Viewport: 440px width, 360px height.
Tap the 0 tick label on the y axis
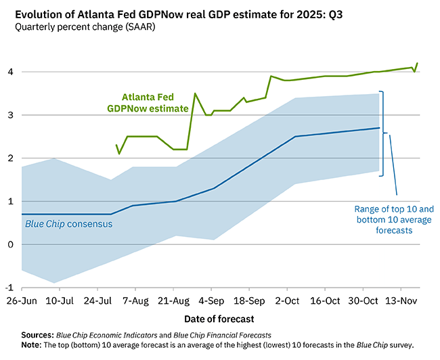pyautogui.click(x=13, y=244)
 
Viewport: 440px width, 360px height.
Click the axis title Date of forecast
pyautogui.click(x=220, y=317)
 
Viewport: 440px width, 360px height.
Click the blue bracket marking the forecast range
pyautogui.click(x=384, y=133)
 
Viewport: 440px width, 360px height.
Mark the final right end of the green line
pyautogui.click(x=418, y=63)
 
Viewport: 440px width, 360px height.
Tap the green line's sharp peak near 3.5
pyautogui.click(x=195, y=93)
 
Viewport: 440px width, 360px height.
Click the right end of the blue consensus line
pyautogui.click(x=378, y=128)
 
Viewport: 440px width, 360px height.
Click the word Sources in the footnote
pyautogui.click(x=38, y=334)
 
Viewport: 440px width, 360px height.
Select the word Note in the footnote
pyautogui.click(x=31, y=345)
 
